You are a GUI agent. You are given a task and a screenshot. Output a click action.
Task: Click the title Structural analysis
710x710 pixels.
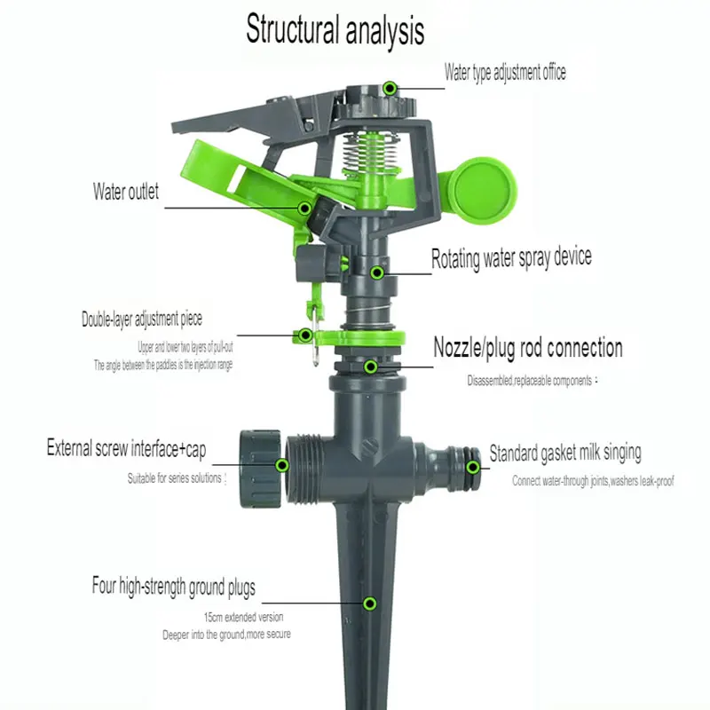click(335, 30)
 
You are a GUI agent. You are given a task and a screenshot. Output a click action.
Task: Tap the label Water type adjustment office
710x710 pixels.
click(505, 72)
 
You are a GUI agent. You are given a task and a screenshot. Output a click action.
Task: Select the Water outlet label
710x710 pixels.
click(126, 191)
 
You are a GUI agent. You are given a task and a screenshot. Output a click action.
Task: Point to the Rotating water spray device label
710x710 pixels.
click(511, 259)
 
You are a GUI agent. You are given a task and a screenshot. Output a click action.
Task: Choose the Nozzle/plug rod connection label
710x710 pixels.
click(527, 347)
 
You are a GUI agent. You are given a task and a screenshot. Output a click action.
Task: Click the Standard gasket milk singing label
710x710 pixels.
click(564, 454)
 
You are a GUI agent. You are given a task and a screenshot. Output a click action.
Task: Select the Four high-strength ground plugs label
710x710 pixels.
click(173, 587)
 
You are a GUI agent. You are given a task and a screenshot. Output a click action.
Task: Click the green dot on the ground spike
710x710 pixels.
click(369, 603)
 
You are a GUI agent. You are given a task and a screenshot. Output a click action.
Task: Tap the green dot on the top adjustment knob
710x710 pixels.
click(389, 87)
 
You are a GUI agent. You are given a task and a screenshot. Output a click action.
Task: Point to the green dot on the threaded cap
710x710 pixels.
click(282, 464)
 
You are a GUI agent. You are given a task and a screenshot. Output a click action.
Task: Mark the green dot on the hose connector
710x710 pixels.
click(474, 466)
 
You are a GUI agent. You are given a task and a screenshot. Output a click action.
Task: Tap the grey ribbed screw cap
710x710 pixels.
click(259, 464)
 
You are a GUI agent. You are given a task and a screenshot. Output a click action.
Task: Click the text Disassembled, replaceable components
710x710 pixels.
click(532, 381)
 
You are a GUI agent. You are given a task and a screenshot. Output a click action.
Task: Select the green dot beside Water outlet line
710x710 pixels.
click(304, 209)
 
